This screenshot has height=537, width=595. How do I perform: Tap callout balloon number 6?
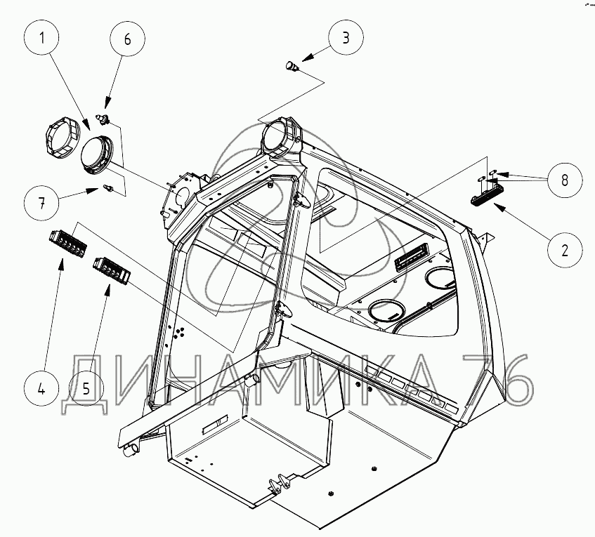point(127,39)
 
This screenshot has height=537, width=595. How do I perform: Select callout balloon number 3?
point(344,38)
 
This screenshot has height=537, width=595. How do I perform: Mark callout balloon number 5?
point(86,388)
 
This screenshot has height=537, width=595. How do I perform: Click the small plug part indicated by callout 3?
point(290,66)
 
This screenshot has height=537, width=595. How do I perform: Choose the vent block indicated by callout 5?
point(110,269)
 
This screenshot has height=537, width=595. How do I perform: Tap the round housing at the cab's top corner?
point(282,136)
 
